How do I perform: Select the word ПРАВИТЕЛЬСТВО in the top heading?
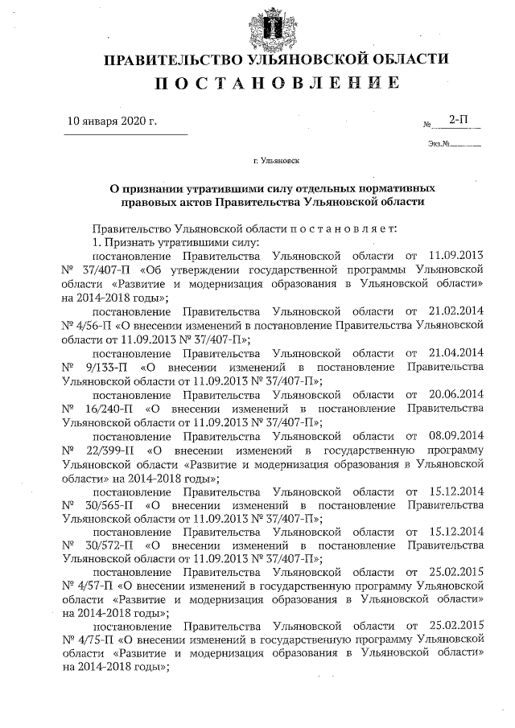[162, 59]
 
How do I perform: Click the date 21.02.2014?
[453, 308]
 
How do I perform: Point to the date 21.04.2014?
[453, 353]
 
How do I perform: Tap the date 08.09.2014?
[453, 435]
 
